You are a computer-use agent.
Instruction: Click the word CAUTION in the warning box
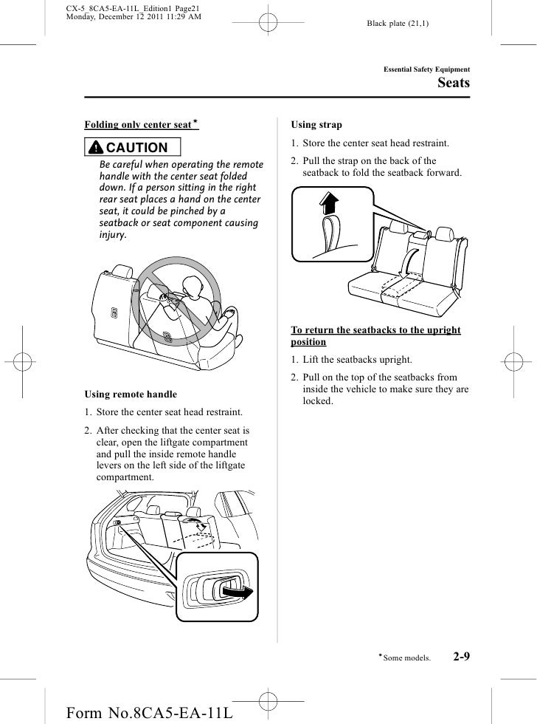tap(138, 148)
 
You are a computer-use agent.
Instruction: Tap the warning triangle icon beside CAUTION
tap(97, 148)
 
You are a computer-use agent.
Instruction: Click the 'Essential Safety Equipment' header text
tap(427, 69)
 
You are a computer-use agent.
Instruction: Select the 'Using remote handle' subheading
tap(131, 395)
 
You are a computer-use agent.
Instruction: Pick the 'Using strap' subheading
tap(316, 125)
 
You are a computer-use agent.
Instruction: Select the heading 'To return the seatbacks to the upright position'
tap(375, 336)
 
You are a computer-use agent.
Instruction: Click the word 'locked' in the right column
tap(318, 401)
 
